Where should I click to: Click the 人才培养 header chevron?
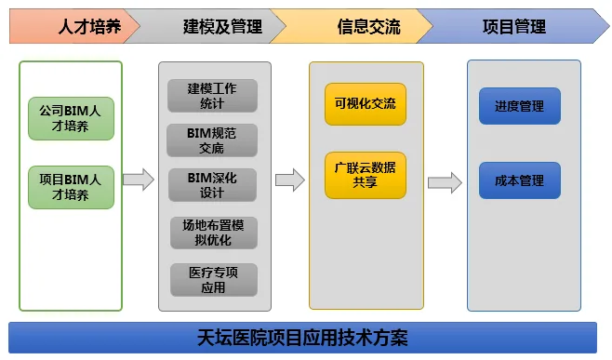pyautogui.click(x=74, y=26)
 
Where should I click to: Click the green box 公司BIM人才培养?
pyautogui.click(x=71, y=118)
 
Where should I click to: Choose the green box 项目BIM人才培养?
pyautogui.click(x=71, y=187)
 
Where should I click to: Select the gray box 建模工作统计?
pyautogui.click(x=212, y=96)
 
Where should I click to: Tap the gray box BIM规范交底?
pyautogui.click(x=212, y=140)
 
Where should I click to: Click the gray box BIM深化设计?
pyautogui.click(x=212, y=185)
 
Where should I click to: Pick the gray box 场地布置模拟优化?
pyautogui.click(x=214, y=233)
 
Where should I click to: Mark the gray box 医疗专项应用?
pyautogui.click(x=214, y=280)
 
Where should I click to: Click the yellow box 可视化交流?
pyautogui.click(x=366, y=104)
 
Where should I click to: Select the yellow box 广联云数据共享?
pyautogui.click(x=366, y=175)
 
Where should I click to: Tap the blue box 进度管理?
pyautogui.click(x=520, y=106)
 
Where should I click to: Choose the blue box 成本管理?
pyautogui.click(x=520, y=180)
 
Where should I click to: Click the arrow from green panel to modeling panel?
pyautogui.click(x=139, y=180)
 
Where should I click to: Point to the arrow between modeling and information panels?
pyautogui.click(x=290, y=180)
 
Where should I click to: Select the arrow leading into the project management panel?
pyautogui.click(x=445, y=182)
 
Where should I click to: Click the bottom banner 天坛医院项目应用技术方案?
pyautogui.click(x=302, y=338)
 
